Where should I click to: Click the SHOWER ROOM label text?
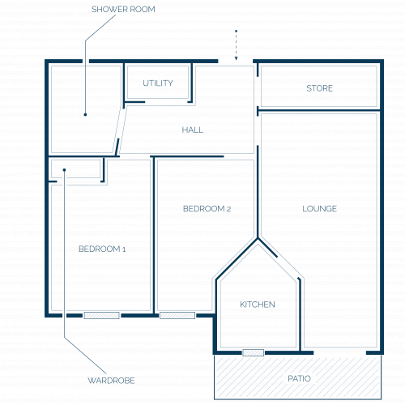point(123,9)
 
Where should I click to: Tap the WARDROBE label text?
point(111,381)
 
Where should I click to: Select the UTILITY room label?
point(158,83)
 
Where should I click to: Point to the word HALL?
point(193,130)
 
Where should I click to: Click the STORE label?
point(320,88)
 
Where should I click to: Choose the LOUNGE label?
point(320,209)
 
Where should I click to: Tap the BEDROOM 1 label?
point(102,249)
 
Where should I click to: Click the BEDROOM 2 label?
point(207,209)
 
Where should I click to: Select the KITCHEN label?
point(258,305)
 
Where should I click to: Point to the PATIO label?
point(299,378)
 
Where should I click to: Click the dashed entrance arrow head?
point(236,58)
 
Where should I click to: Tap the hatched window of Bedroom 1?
point(102,315)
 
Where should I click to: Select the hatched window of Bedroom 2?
point(177,315)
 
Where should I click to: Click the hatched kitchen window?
point(254,352)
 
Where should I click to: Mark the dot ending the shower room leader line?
point(85,115)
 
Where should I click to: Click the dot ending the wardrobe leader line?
point(64,170)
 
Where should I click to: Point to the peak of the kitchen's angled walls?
point(258,238)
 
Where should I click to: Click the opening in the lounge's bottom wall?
point(339,352)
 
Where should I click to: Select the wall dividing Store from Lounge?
point(319,110)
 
